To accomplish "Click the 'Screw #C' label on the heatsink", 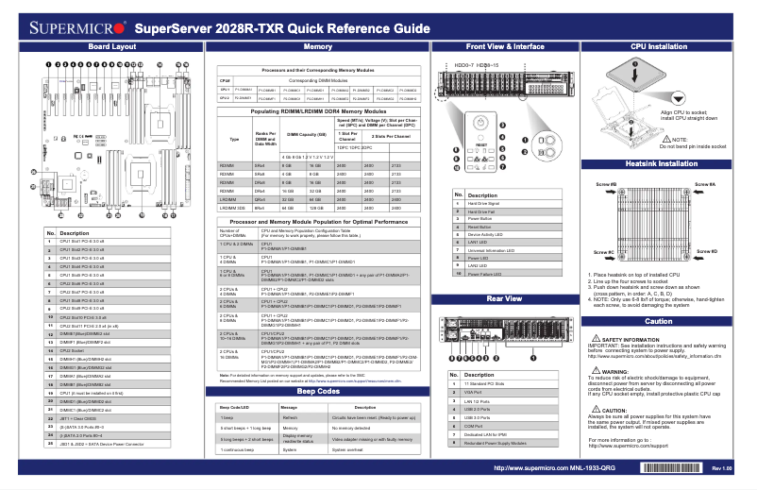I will tap(604, 253).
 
